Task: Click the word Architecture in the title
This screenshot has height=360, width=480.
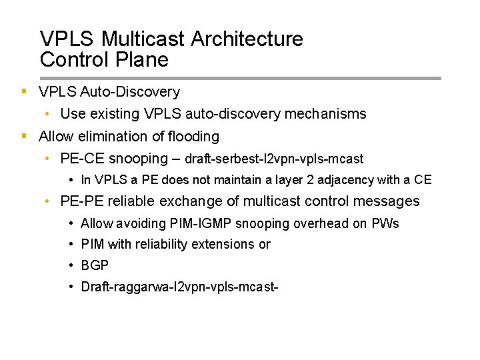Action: point(246,40)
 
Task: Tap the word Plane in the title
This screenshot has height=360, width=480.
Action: point(141,60)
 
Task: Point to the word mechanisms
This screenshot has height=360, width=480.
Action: point(325,114)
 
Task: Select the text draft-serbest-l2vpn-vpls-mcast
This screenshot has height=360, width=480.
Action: point(274,159)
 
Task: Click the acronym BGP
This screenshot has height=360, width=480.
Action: point(95,266)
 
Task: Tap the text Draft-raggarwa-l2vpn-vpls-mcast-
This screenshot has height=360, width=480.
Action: point(179,287)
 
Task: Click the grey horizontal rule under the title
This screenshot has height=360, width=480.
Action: point(240,78)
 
